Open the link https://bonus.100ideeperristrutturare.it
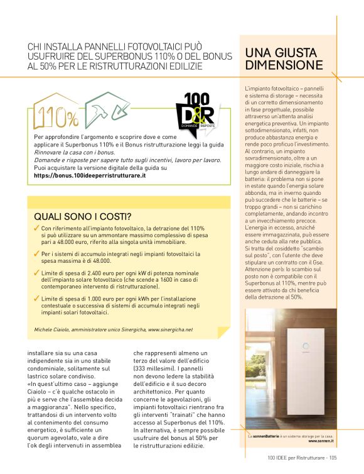point(90,176)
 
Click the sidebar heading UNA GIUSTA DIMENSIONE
point(284,59)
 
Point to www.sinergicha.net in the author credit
point(170,329)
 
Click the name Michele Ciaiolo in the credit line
point(52,329)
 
